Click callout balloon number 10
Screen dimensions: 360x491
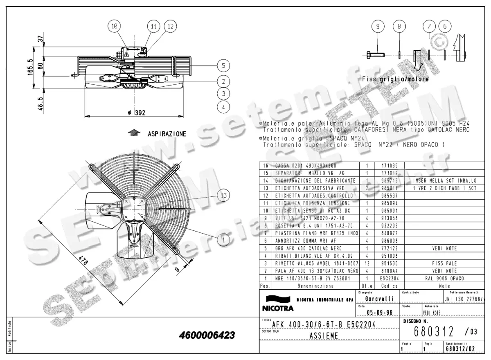(x=115, y=26)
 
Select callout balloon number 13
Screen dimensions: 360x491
(x=223, y=196)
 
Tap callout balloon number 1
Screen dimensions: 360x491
(x=223, y=241)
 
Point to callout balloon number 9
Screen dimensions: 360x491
(x=378, y=26)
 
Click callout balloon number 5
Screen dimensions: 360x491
(x=223, y=65)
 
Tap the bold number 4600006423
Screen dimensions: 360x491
(x=207, y=335)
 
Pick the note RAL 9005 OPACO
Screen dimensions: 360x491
(x=444, y=278)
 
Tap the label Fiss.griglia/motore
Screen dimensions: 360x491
(x=395, y=79)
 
